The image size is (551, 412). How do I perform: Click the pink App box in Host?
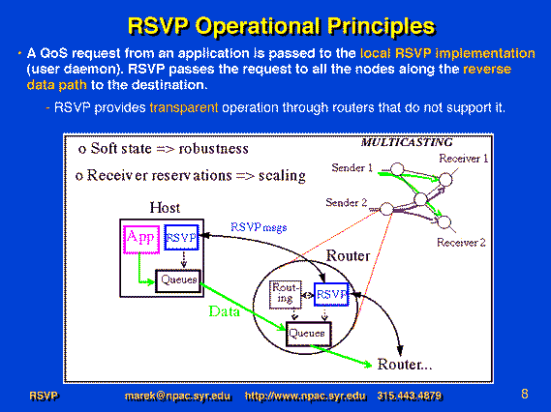[x=141, y=239]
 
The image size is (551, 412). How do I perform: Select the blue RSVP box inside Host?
[x=181, y=238]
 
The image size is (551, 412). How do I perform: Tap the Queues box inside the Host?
[x=178, y=280]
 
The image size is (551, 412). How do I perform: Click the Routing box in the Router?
[x=285, y=295]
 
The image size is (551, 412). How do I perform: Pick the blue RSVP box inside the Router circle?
[x=331, y=294]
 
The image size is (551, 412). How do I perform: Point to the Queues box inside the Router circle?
[x=309, y=334]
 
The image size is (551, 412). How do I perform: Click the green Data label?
[x=225, y=311]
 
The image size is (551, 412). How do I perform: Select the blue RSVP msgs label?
[x=259, y=227]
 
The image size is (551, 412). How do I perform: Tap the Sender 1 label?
[x=352, y=167]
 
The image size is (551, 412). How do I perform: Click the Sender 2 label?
[x=346, y=202]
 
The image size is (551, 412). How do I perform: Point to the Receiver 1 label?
[x=464, y=159]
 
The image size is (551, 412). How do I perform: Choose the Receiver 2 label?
[x=461, y=243]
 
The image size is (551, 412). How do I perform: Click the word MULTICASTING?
[x=407, y=142]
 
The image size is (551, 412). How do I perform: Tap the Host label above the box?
[x=165, y=207]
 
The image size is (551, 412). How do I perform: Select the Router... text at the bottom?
[x=405, y=365]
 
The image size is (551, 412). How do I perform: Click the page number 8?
[x=525, y=394]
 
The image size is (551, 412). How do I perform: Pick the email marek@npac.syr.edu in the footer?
[x=178, y=397]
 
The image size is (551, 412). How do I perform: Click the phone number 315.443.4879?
[x=410, y=396]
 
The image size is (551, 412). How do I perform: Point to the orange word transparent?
[x=184, y=107]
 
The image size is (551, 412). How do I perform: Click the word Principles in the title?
[x=382, y=26]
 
